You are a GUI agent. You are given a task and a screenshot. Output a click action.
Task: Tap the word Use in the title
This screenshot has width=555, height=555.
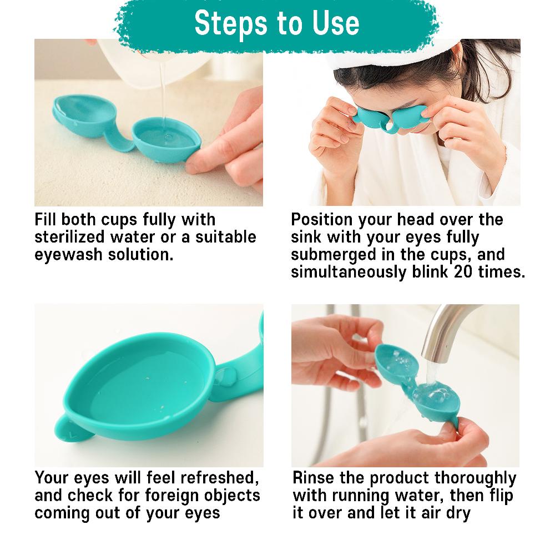click(332, 23)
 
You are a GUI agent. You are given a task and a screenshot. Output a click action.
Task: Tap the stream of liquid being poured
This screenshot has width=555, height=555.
click(162, 89)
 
